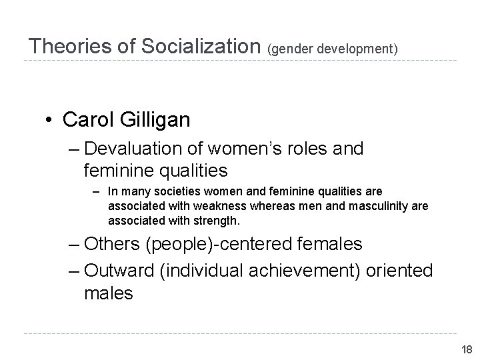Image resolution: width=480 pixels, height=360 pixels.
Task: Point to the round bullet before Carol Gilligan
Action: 49,120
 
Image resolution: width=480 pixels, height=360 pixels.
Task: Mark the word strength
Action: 215,220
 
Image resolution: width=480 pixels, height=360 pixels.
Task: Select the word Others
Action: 114,244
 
